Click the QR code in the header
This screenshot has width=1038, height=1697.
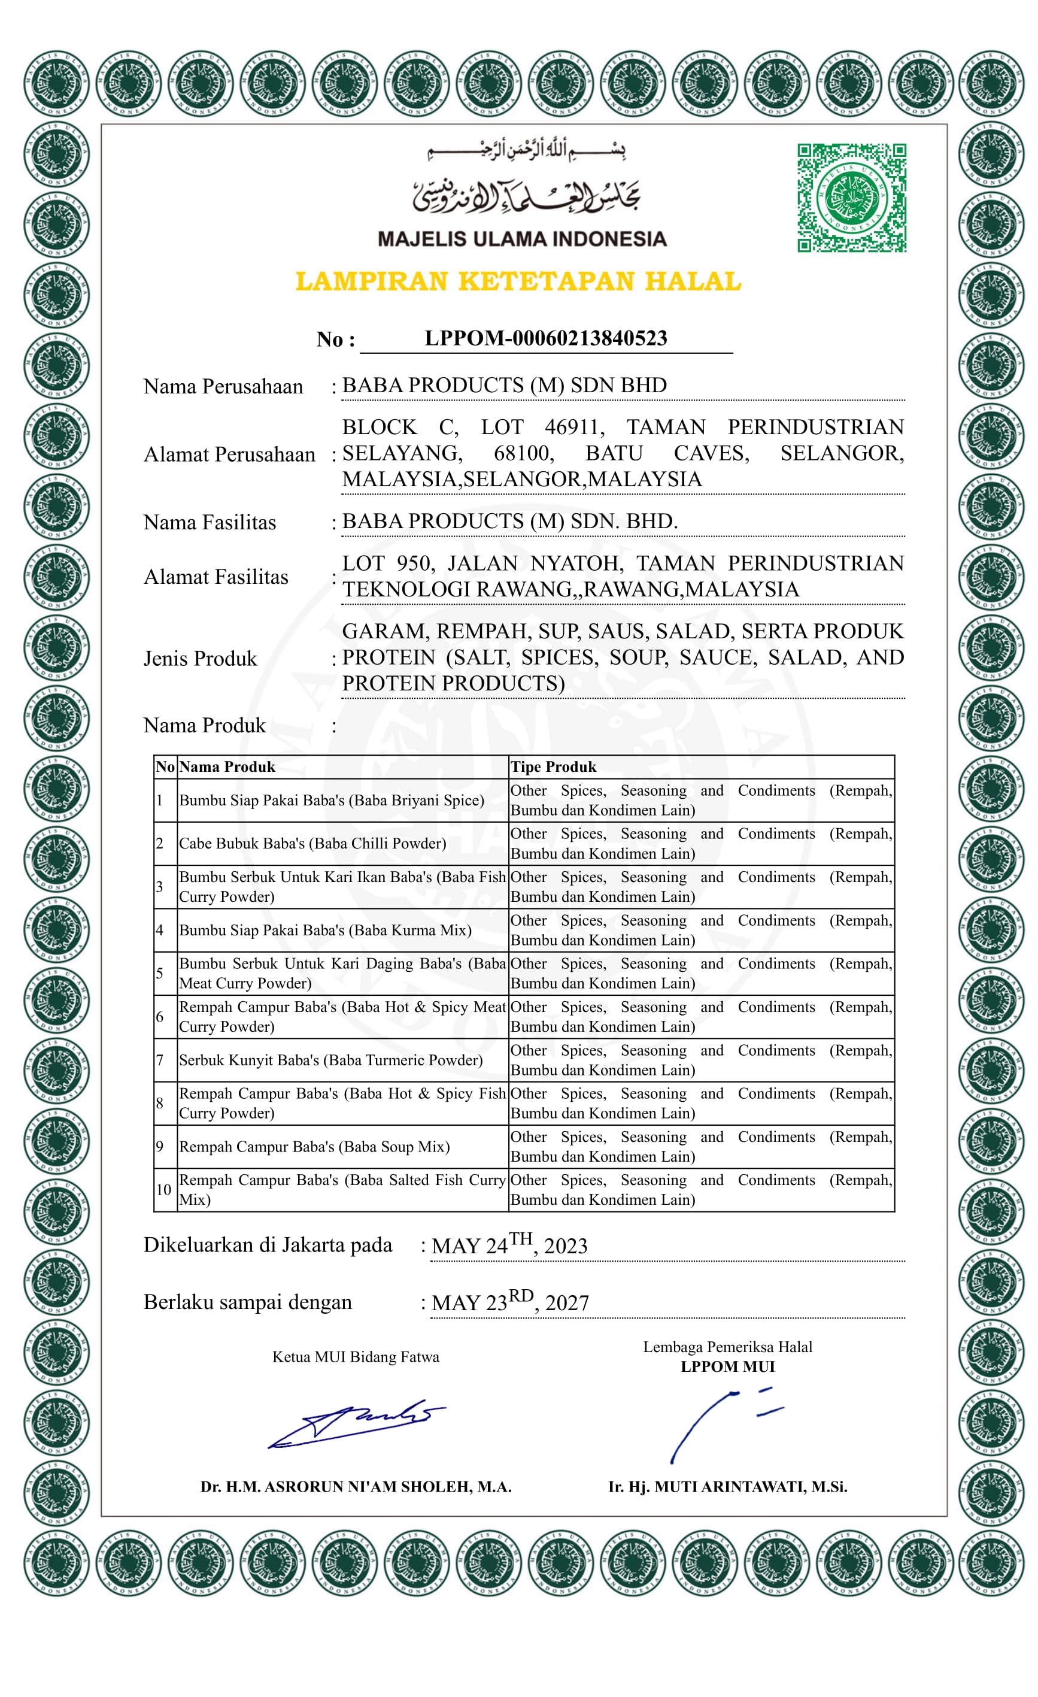pyautogui.click(x=851, y=198)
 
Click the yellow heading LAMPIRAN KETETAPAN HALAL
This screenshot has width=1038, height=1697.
pyautogui.click(x=518, y=281)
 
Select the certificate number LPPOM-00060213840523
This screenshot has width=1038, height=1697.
pyautogui.click(x=545, y=338)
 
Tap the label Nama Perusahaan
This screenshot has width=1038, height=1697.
pyautogui.click(x=223, y=386)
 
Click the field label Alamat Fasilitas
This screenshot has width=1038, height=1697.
pyautogui.click(x=216, y=577)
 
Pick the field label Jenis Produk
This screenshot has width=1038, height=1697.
pyautogui.click(x=199, y=659)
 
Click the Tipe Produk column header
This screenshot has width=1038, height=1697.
pyautogui.click(x=553, y=766)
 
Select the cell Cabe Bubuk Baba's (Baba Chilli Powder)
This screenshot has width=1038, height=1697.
pyautogui.click(x=312, y=843)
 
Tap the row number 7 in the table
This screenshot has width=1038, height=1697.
pyautogui.click(x=160, y=1060)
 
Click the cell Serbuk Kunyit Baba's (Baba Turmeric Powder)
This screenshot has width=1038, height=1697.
pyautogui.click(x=330, y=1060)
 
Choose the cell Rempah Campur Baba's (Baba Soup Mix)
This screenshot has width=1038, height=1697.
pyautogui.click(x=314, y=1146)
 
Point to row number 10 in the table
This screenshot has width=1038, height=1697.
pyautogui.click(x=163, y=1189)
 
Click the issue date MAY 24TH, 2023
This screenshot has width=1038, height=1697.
pyautogui.click(x=509, y=1244)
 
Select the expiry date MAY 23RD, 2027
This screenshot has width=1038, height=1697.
pyautogui.click(x=510, y=1302)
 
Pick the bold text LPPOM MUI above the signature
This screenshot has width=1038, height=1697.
pyautogui.click(x=727, y=1366)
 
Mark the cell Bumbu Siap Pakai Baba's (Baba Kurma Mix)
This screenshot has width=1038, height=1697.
pyautogui.click(x=325, y=930)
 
